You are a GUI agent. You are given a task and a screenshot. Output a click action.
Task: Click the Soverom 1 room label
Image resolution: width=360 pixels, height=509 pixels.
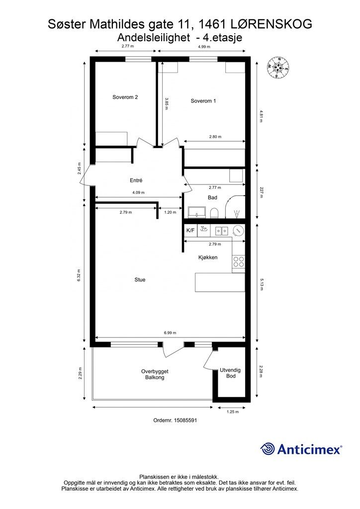[x=203, y=101]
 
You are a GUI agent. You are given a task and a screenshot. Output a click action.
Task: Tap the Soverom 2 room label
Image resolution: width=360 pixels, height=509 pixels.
[x=125, y=97]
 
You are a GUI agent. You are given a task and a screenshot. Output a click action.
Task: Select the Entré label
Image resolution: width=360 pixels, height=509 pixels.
[x=136, y=180]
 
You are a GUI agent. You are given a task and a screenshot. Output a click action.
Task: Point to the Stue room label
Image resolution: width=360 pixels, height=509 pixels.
[x=140, y=279]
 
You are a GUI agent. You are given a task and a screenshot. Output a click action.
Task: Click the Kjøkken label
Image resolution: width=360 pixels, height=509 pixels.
[x=208, y=257]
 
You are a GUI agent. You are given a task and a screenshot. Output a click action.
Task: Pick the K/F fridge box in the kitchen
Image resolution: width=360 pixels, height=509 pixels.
[x=190, y=231]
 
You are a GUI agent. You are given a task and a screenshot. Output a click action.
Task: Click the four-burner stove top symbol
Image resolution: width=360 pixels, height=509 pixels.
[x=239, y=262]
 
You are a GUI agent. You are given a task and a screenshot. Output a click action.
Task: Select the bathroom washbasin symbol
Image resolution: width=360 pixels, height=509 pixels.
[x=197, y=212]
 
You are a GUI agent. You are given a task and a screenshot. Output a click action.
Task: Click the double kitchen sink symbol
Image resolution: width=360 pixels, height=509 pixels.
[x=222, y=231]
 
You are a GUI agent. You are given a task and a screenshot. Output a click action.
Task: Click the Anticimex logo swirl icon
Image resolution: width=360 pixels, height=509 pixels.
[x=267, y=449]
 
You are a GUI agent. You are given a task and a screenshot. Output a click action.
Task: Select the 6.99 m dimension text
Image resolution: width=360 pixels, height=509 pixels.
[x=170, y=333]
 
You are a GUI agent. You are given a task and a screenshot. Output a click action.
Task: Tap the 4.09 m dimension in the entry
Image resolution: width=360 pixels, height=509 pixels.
[x=138, y=192]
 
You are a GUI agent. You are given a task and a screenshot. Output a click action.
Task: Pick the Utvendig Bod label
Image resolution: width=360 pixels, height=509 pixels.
[x=231, y=373]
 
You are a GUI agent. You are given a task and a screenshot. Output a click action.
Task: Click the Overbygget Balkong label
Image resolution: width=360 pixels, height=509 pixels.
[x=155, y=375]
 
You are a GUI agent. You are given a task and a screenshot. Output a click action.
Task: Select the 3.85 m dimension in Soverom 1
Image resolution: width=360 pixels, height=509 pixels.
[x=167, y=103]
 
